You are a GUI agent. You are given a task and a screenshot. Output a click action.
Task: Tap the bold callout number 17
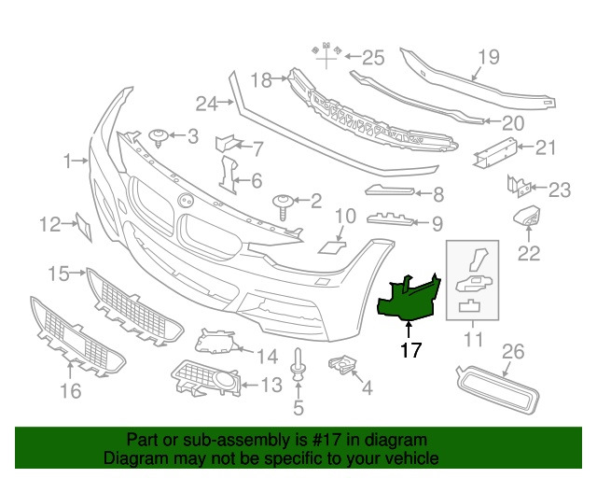coord(410,350)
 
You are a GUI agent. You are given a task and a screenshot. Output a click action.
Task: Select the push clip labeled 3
coord(159,137)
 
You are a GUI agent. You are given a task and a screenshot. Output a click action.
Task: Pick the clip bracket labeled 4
coord(342,365)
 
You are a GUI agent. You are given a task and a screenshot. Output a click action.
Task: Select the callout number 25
coord(373,58)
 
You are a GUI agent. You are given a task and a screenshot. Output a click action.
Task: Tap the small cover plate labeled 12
coord(84,227)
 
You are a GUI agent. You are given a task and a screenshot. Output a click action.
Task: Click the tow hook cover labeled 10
coord(332,247)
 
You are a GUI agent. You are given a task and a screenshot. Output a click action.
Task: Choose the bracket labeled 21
coord(495,152)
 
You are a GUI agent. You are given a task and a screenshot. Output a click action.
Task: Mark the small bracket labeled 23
coord(519,187)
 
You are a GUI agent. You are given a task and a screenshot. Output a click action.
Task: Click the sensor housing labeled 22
coord(526,216)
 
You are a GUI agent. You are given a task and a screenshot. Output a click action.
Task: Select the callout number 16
coord(71,391)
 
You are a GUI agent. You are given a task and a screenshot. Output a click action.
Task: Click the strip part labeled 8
coord(390,190)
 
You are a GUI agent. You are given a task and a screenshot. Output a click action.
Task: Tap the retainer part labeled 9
coord(390,218)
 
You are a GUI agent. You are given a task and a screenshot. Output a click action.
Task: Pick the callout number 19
coord(489,57)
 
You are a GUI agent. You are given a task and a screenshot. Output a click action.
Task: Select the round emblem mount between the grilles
coord(186,200)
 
